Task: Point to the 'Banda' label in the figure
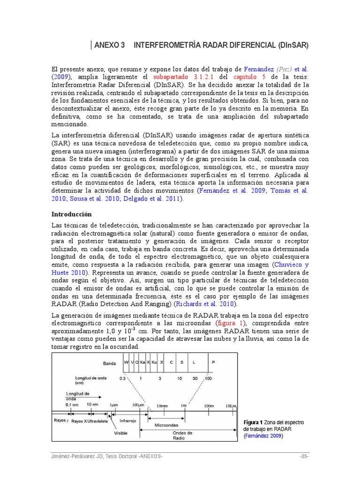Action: point(109,363)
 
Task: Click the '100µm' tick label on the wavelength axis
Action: point(139,405)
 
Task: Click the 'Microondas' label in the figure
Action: point(166,425)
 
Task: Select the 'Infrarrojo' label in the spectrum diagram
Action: point(128,420)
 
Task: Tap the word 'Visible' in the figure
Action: point(121,433)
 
